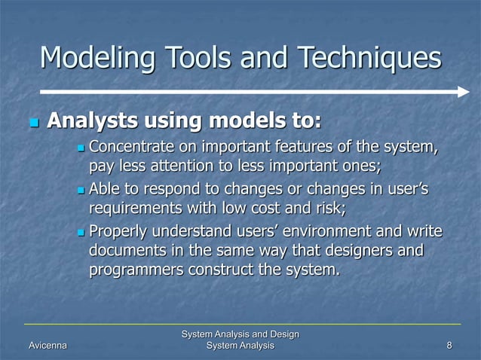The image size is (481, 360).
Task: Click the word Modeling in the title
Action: pos(88,58)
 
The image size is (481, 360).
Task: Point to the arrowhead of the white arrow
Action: pos(463,91)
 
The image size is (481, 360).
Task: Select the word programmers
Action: pos(134,270)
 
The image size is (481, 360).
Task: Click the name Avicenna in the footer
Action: pos(46,345)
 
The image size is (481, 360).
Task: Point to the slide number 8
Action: pos(449,345)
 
